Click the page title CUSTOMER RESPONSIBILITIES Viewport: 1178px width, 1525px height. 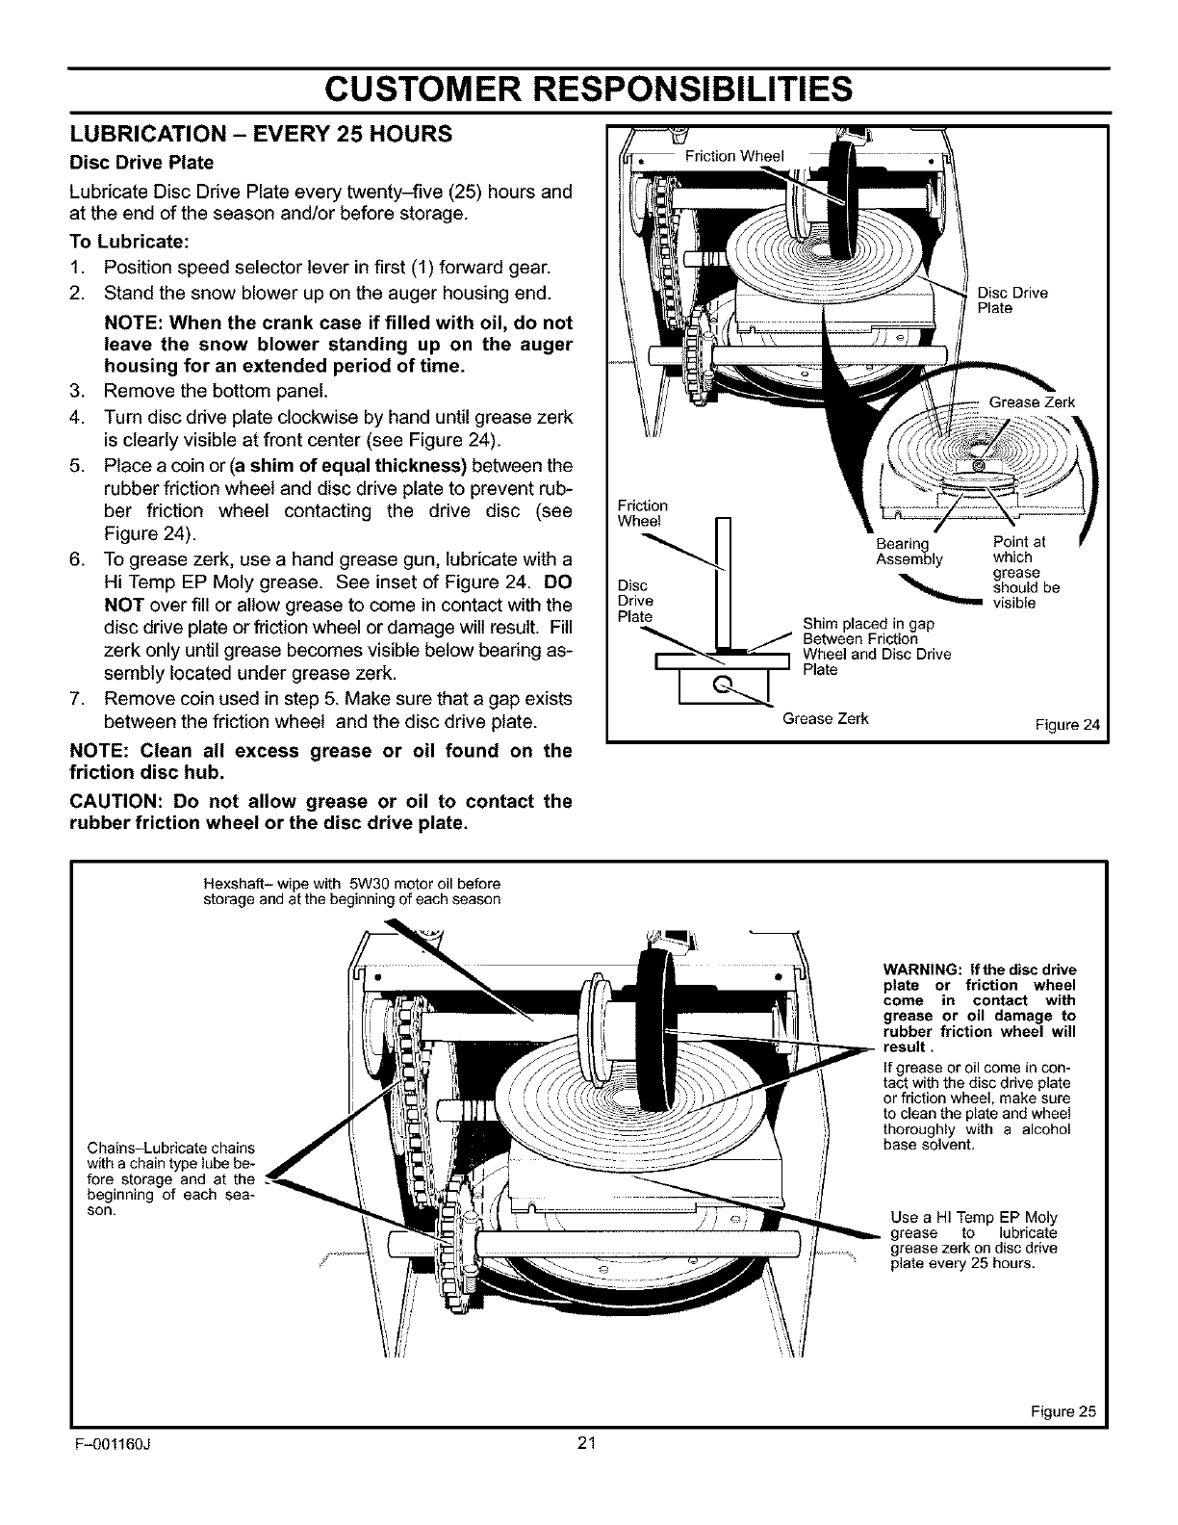588,89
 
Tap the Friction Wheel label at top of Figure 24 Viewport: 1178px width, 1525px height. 734,157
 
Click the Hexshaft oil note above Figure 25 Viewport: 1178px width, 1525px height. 353,892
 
